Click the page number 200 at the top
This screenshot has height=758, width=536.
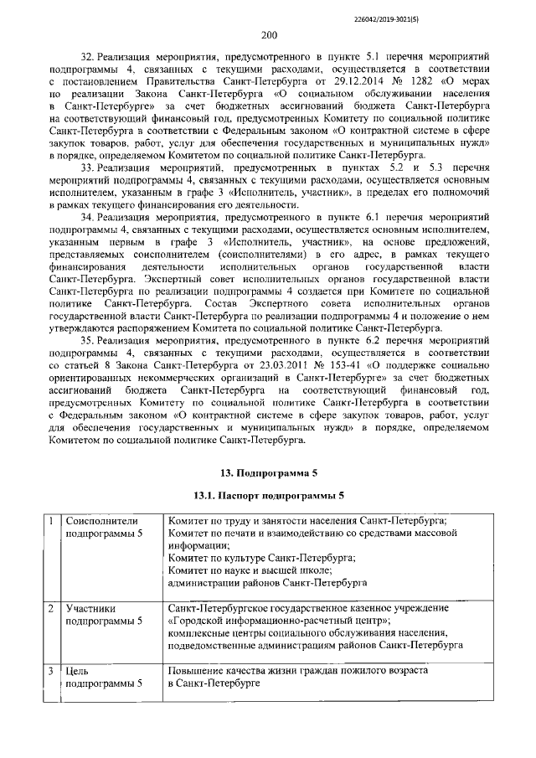(268, 34)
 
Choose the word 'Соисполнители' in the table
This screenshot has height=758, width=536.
(102, 520)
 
